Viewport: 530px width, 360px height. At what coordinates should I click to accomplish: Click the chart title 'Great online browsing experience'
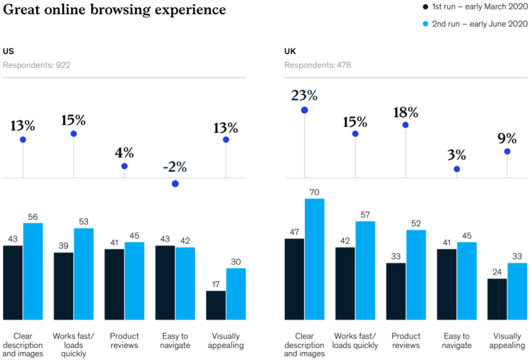click(x=114, y=10)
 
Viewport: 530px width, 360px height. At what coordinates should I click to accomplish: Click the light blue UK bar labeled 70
click(x=314, y=259)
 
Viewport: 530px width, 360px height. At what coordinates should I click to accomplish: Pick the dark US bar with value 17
click(x=216, y=305)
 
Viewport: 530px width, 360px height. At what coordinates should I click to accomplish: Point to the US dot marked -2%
click(x=175, y=184)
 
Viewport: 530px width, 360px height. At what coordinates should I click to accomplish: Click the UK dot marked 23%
click(x=304, y=110)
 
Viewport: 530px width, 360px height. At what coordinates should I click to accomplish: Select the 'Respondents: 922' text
click(x=37, y=65)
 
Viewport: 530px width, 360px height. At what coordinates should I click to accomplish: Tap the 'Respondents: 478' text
click(x=317, y=65)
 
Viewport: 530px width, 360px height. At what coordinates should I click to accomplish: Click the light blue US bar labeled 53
click(x=83, y=274)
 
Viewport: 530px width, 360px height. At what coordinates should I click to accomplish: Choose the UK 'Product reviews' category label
click(x=406, y=341)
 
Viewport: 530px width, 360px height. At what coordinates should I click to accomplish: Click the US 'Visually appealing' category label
click(x=226, y=341)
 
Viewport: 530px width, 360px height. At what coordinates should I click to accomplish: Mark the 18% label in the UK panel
click(x=406, y=112)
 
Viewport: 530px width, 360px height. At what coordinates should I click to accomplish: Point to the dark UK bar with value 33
click(x=396, y=291)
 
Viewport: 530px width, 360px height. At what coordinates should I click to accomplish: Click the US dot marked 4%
click(x=124, y=166)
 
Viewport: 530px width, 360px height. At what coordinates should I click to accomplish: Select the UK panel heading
click(x=290, y=51)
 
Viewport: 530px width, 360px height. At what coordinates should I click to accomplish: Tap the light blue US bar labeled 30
click(x=236, y=294)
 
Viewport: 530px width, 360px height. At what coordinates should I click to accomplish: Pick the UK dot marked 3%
click(x=457, y=169)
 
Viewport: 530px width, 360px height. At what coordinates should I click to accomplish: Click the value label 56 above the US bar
click(x=33, y=217)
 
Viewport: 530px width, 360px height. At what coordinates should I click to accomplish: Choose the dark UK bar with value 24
click(x=497, y=299)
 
